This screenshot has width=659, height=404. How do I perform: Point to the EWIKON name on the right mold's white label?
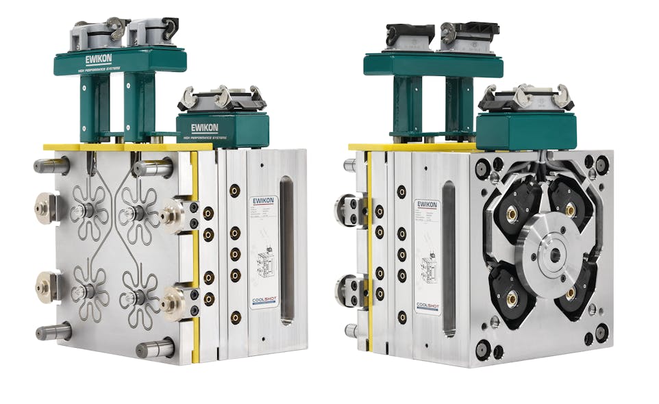pyautogui.click(x=427, y=206)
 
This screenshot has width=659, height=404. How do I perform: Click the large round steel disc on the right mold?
pyautogui.click(x=552, y=253)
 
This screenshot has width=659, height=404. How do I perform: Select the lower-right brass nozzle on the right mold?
pyautogui.click(x=571, y=293)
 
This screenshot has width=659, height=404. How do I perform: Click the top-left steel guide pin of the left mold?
pyautogui.click(x=51, y=165)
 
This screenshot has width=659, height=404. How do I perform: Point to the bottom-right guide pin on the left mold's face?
pyautogui.click(x=155, y=349)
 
